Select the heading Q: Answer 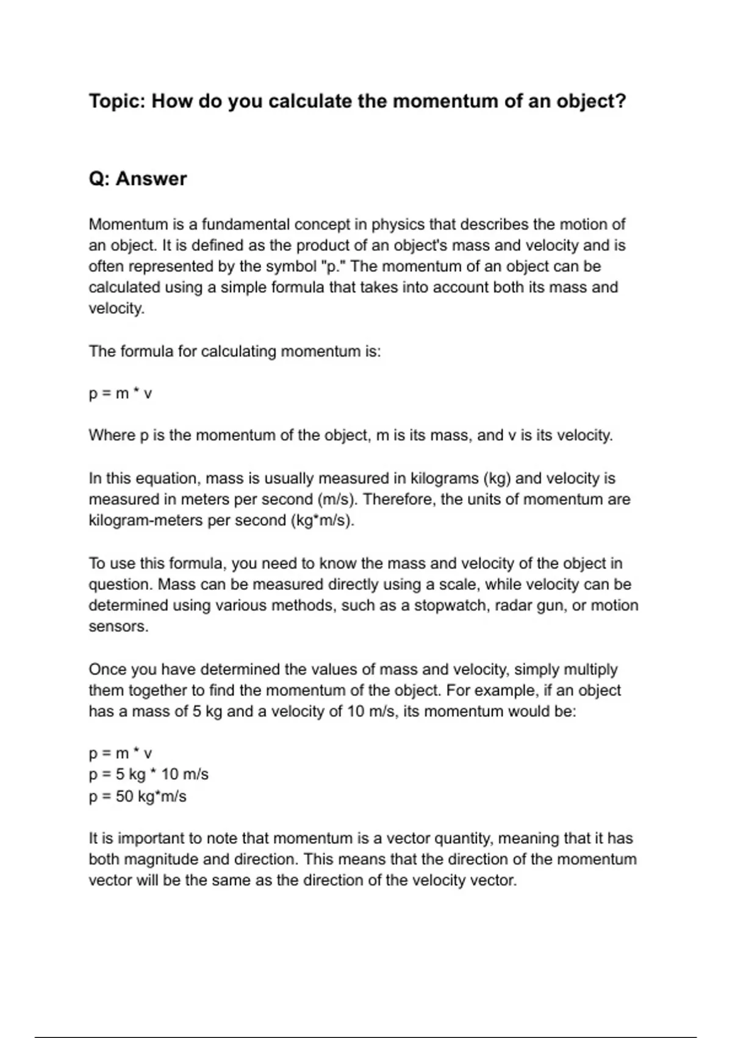click(x=138, y=179)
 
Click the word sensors click(x=118, y=627)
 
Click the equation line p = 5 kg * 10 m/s click(x=149, y=774)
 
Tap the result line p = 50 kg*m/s click(x=138, y=796)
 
